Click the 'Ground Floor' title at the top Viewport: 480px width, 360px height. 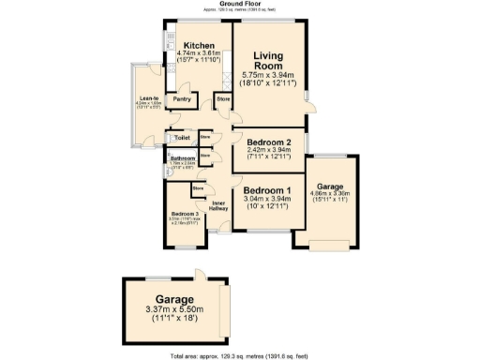[x=239, y=4]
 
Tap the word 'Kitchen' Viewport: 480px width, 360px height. [x=201, y=46]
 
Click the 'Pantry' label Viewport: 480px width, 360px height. [x=183, y=97]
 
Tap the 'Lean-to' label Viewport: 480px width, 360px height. [x=149, y=97]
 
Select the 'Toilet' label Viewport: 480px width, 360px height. [x=182, y=138]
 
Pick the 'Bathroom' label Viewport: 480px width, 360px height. [x=182, y=159]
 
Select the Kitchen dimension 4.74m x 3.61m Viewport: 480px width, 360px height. [x=201, y=53]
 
